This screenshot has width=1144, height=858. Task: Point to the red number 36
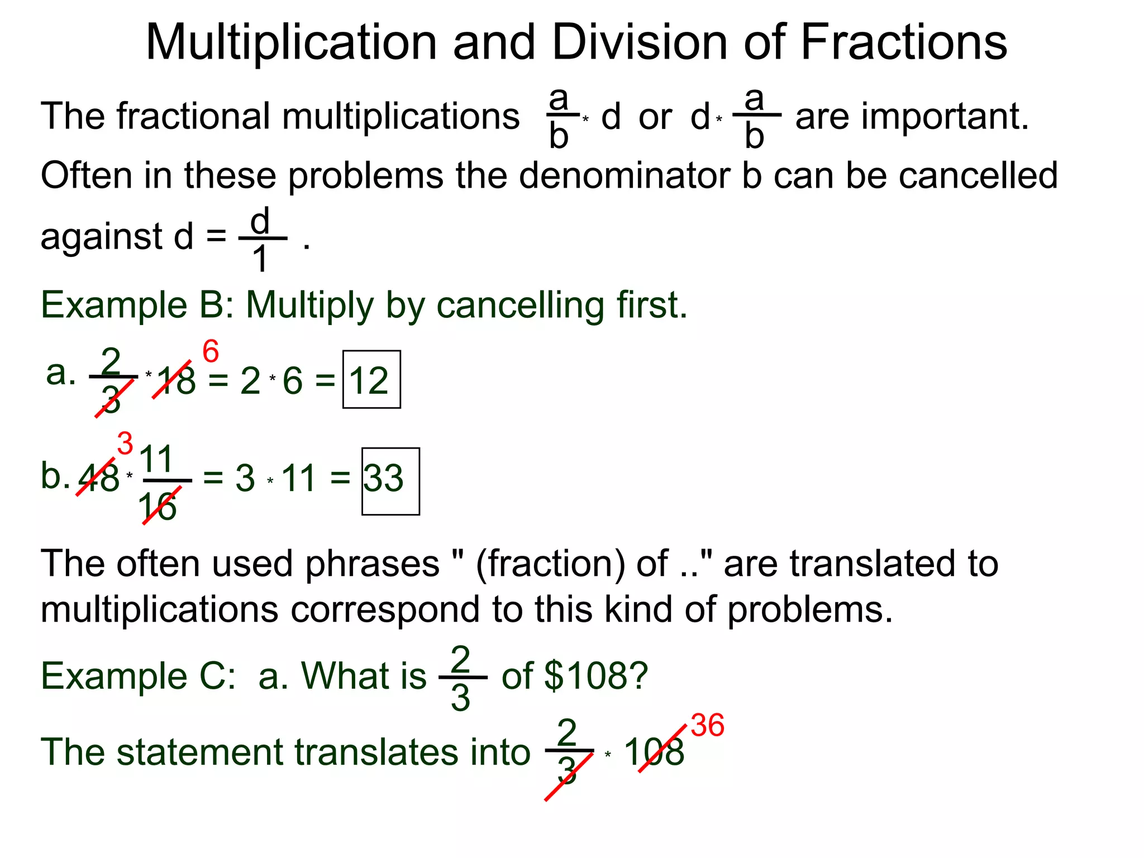tap(707, 726)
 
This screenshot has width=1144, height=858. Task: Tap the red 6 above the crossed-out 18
tap(211, 352)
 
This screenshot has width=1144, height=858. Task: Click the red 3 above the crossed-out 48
tap(125, 444)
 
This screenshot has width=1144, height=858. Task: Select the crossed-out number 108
tap(654, 752)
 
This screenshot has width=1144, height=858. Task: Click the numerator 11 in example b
tap(156, 460)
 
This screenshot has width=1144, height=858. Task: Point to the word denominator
tap(625, 175)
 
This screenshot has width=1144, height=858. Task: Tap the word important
tap(943, 117)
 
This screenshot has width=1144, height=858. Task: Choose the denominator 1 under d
tap(260, 259)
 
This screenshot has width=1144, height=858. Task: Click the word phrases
tap(373, 564)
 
